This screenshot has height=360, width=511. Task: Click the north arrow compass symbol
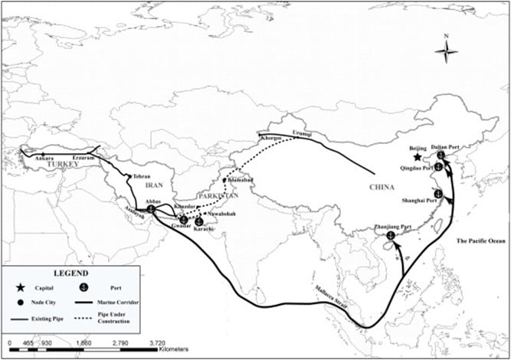446,51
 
